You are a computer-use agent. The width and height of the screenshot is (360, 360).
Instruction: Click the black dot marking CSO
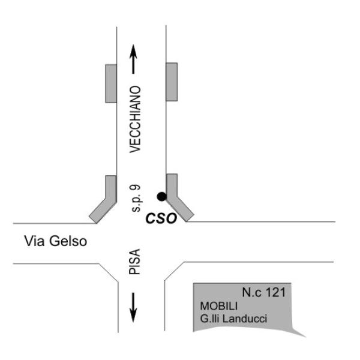(x=161, y=197)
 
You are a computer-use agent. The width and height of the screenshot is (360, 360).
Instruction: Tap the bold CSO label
(x=161, y=218)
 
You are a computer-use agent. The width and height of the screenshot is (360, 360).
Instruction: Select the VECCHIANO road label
(x=135, y=119)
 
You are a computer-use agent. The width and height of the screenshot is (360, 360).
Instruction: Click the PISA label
(x=134, y=262)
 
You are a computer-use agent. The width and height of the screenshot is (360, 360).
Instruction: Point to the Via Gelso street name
(x=56, y=241)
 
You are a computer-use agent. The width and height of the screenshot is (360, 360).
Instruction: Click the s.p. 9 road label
(x=135, y=198)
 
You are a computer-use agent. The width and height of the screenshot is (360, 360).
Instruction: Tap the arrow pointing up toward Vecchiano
(x=133, y=59)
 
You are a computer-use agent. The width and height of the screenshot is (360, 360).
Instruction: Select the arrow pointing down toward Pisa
(x=133, y=307)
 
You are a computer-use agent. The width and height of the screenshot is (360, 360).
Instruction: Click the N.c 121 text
(x=264, y=292)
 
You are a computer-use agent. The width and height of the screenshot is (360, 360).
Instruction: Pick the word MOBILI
(x=219, y=306)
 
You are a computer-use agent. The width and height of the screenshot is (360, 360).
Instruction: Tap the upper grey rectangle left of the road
(x=111, y=83)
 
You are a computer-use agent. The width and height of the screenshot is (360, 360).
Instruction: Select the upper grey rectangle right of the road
(x=172, y=82)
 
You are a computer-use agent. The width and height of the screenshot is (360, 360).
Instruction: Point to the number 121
(x=275, y=292)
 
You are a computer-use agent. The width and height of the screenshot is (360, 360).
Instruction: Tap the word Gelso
(x=68, y=241)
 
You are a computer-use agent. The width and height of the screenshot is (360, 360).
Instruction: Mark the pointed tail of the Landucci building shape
(x=305, y=337)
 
